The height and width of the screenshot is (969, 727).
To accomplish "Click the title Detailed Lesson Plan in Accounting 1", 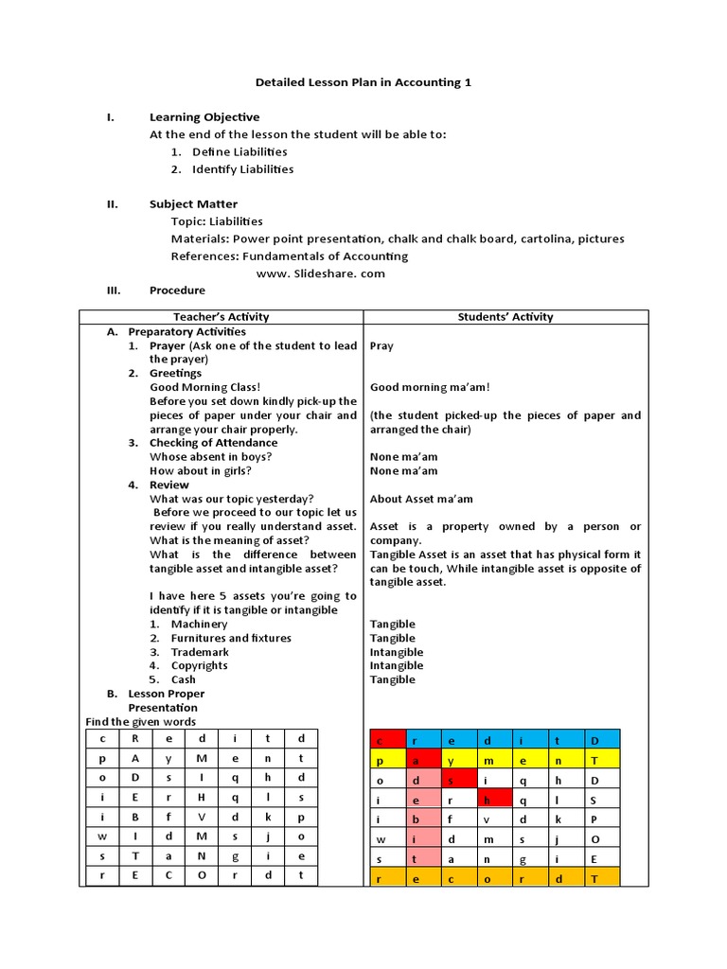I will coord(363,82).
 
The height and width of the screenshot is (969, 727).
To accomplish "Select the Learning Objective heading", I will coord(204,117).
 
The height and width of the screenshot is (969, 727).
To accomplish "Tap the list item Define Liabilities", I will coord(239,151).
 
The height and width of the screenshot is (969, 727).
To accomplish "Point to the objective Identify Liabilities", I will coord(242,169).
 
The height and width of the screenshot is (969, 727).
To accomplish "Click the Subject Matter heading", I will coord(193,204).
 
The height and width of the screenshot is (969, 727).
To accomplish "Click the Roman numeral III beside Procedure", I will coord(113,291).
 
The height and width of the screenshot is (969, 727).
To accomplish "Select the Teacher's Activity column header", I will coord(221,317).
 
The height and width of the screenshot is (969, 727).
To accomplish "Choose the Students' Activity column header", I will coord(505,317).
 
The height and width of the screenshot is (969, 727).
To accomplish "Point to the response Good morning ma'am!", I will coord(430,387).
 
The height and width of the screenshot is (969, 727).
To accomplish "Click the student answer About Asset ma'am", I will coord(421,499).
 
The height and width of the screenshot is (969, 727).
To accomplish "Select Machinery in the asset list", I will coord(199,625).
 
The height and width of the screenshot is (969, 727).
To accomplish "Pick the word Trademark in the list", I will coord(199,652).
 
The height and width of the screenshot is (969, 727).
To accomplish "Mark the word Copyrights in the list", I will coord(199,665).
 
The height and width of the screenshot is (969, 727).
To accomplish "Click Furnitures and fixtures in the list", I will coord(231,638).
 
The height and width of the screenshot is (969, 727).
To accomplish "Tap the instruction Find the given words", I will coord(141,722).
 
